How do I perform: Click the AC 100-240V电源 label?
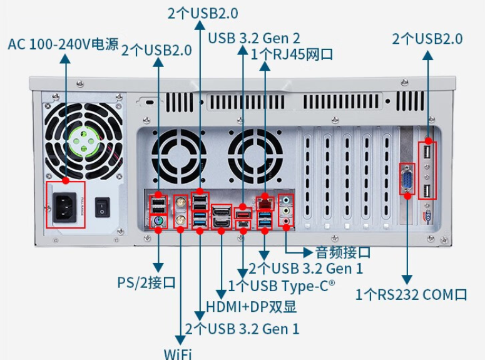click(63, 45)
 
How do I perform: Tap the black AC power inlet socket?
click(65, 205)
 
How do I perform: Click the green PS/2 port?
click(158, 221)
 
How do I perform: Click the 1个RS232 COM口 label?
click(411, 294)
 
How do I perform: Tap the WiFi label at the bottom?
click(178, 353)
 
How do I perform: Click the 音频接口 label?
click(342, 252)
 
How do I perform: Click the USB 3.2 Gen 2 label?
click(254, 38)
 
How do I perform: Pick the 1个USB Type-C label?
click(282, 286)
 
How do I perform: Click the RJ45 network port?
click(264, 202)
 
